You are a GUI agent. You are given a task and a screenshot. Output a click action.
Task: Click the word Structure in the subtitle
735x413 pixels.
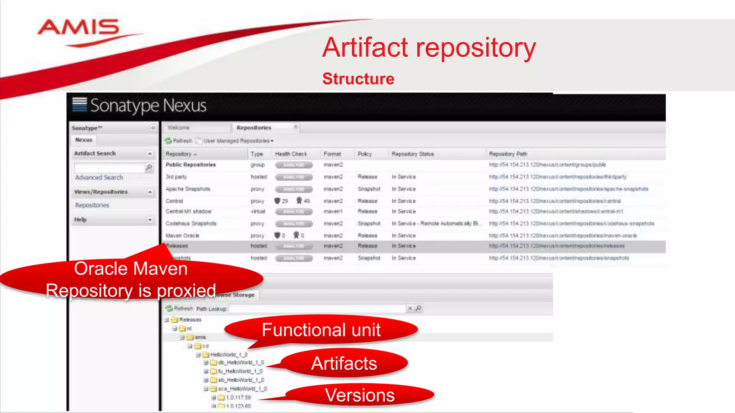358,79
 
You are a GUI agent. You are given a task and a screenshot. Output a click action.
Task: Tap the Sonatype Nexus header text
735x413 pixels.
148,106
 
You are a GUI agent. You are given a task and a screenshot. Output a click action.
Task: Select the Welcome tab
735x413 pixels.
178,128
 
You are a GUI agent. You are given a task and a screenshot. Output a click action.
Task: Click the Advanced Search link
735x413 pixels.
99,177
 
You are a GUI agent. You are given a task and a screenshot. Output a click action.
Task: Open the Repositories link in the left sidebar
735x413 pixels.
92,205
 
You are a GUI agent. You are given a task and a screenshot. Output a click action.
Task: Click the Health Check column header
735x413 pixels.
291,154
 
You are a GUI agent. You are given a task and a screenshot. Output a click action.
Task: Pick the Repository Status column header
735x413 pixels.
413,154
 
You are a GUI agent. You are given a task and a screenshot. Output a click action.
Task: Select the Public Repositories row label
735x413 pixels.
191,165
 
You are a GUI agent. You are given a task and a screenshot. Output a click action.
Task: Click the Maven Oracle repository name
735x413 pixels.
182,236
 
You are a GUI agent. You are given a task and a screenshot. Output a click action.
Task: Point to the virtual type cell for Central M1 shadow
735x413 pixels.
258,212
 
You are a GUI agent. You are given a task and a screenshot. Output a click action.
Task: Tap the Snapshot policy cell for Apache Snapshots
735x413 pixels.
369,189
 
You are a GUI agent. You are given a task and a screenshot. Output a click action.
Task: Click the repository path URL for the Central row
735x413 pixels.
555,201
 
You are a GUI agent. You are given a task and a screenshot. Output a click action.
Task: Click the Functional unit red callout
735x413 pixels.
321,330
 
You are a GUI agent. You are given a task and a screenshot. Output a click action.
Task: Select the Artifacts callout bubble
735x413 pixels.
344,364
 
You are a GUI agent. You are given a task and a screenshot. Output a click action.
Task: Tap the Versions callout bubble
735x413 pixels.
360,395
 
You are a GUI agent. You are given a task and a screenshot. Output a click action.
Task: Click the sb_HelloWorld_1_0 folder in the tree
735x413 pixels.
241,380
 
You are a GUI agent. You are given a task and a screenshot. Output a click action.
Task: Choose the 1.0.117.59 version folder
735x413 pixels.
239,398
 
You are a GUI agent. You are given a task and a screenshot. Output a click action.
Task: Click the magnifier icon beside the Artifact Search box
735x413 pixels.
149,167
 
